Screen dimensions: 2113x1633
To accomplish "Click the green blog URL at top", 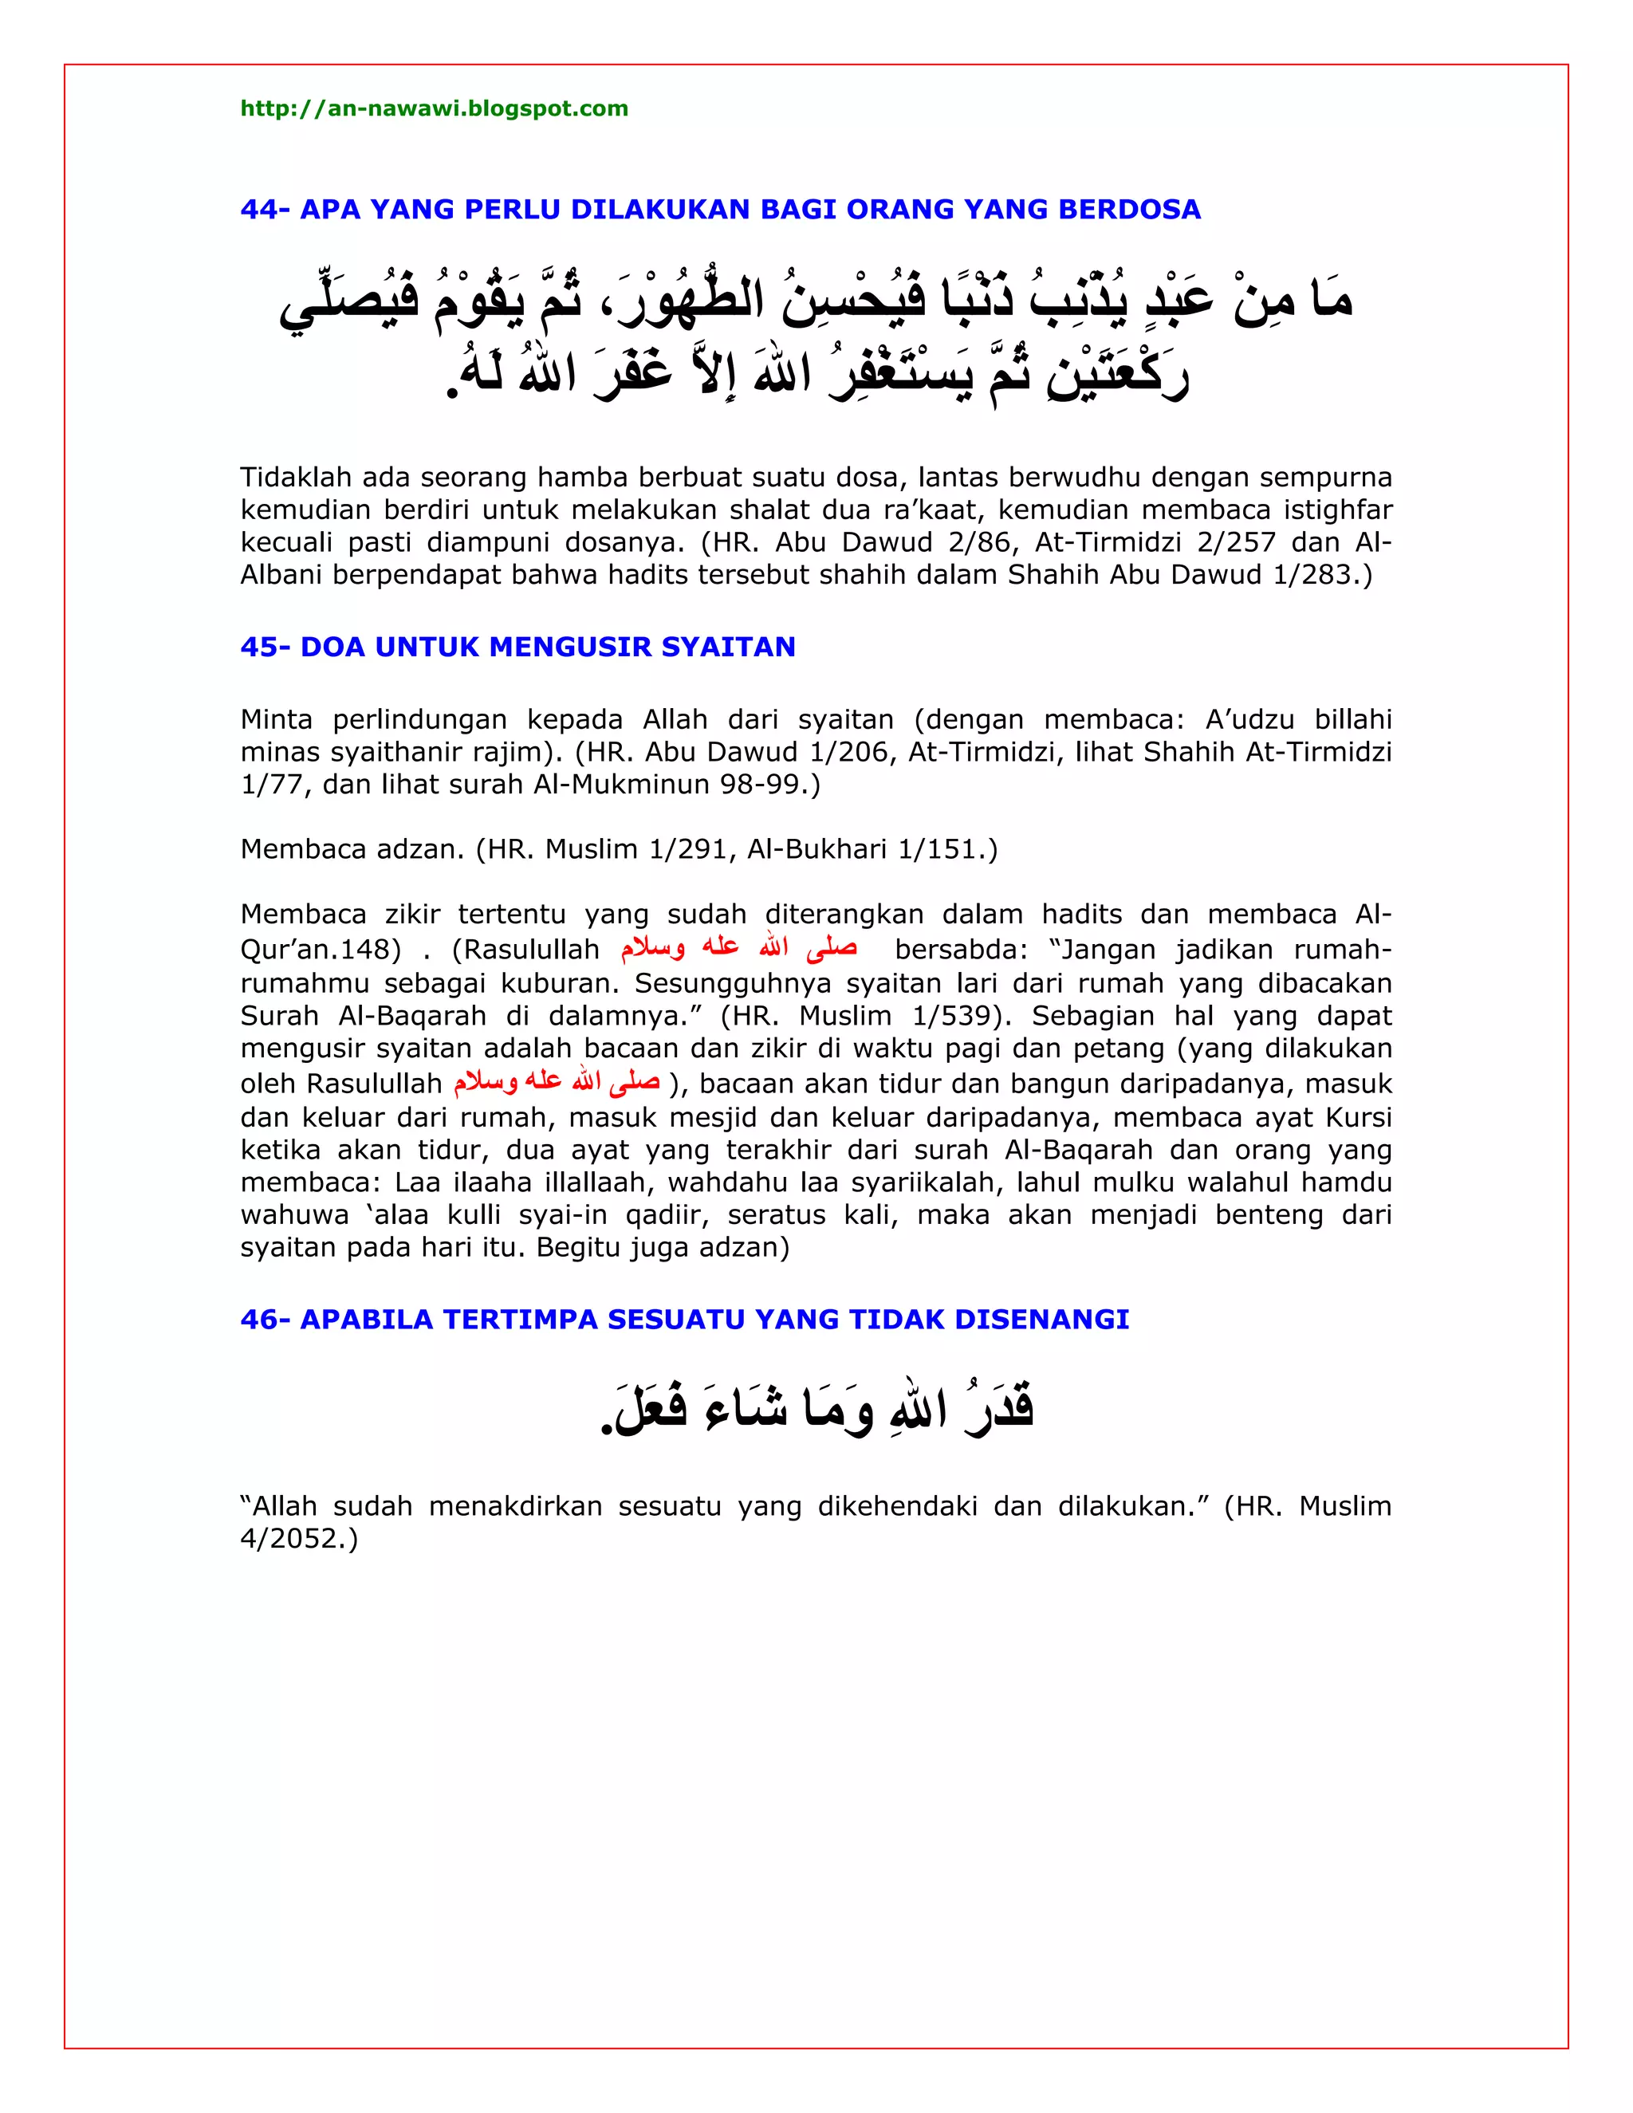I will pyautogui.click(x=434, y=108).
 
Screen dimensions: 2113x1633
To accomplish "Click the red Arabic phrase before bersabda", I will pyautogui.click(x=738, y=947).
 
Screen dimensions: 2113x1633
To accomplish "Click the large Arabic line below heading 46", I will pyautogui.click(x=817, y=1410).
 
